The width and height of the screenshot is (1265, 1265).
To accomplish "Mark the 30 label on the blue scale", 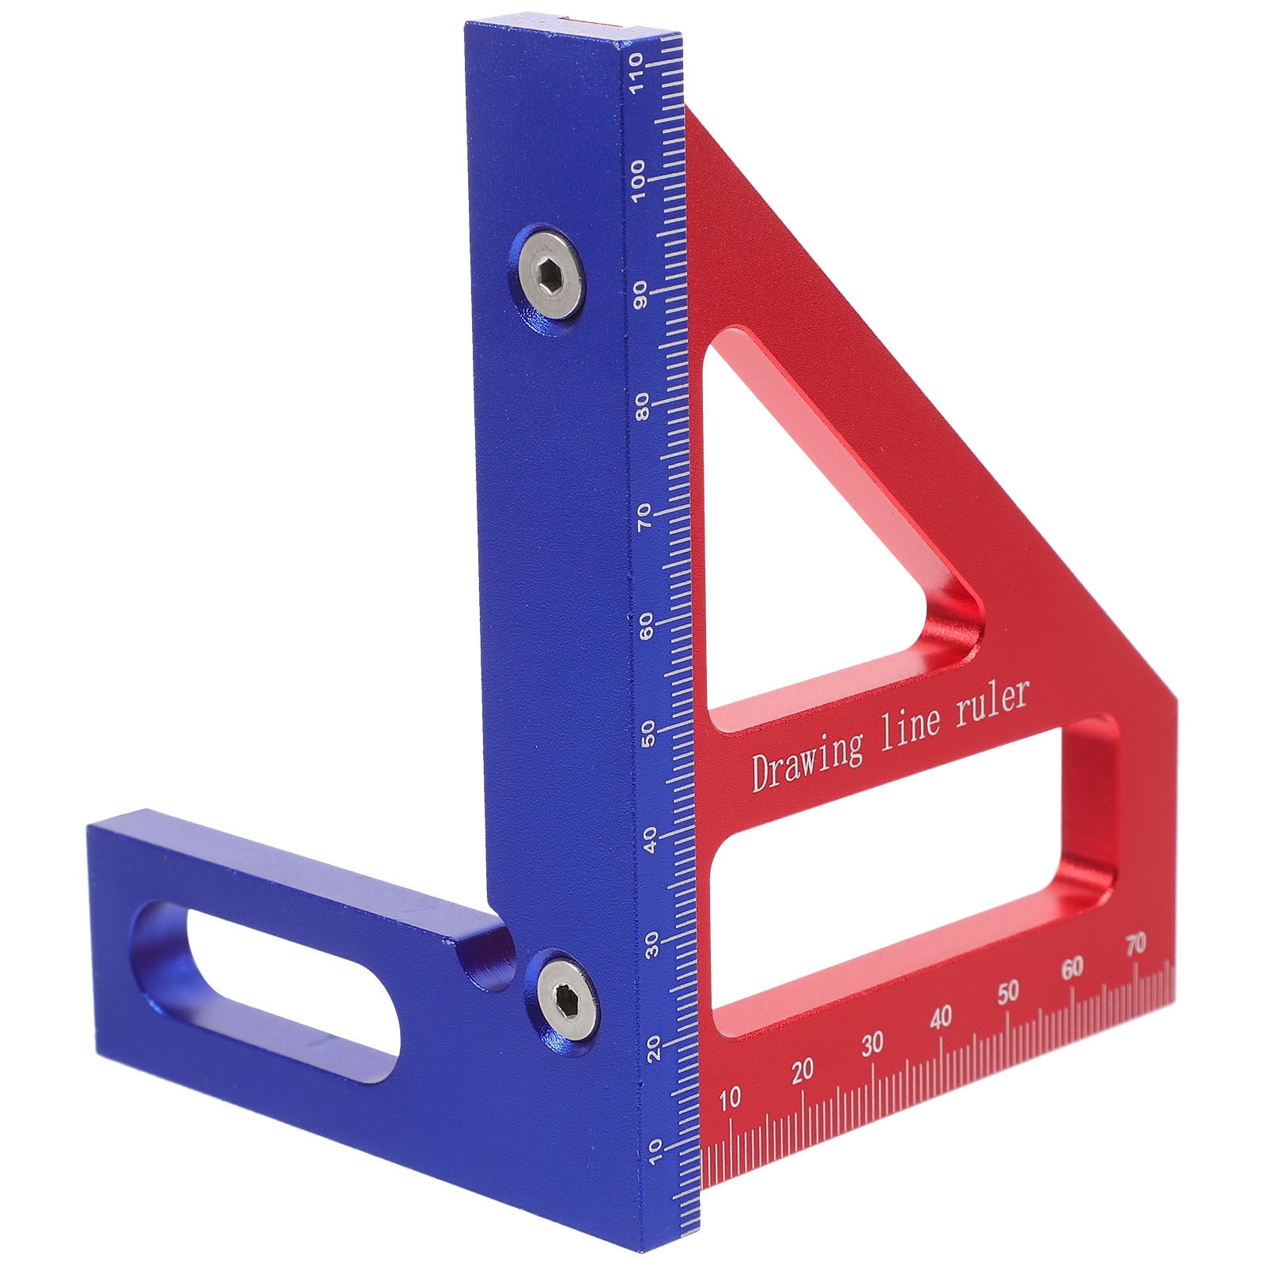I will point(651,946).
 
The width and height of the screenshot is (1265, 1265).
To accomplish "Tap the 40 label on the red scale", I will point(941,1018).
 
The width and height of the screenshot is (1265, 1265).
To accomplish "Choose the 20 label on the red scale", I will point(802,1071).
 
